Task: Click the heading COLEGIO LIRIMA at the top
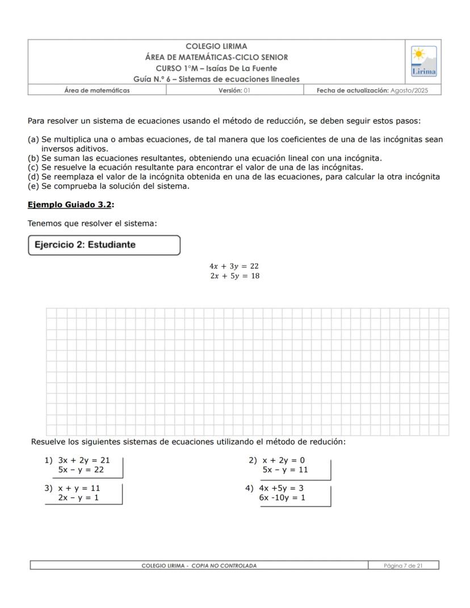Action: pyautogui.click(x=216, y=47)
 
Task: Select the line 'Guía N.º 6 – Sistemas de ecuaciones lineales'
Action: pyautogui.click(x=216, y=79)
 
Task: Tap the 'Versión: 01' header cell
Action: pyautogui.click(x=234, y=90)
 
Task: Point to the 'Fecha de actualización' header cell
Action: pyautogui.click(x=372, y=90)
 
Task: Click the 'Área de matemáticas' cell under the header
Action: pyautogui.click(x=96, y=90)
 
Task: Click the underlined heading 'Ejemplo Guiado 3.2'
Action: pyautogui.click(x=69, y=204)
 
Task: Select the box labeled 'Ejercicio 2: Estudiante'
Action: pyautogui.click(x=104, y=245)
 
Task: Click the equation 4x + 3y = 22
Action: pyautogui.click(x=234, y=266)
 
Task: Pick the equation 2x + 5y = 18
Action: pyautogui.click(x=234, y=276)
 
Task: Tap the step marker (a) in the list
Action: pyautogui.click(x=33, y=140)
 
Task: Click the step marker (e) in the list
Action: pyautogui.click(x=33, y=186)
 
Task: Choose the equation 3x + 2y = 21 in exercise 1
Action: pyautogui.click(x=83, y=460)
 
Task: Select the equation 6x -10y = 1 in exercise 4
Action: pyautogui.click(x=282, y=497)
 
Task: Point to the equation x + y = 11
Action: pyautogui.click(x=79, y=488)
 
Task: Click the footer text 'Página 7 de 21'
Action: pyautogui.click(x=403, y=565)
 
